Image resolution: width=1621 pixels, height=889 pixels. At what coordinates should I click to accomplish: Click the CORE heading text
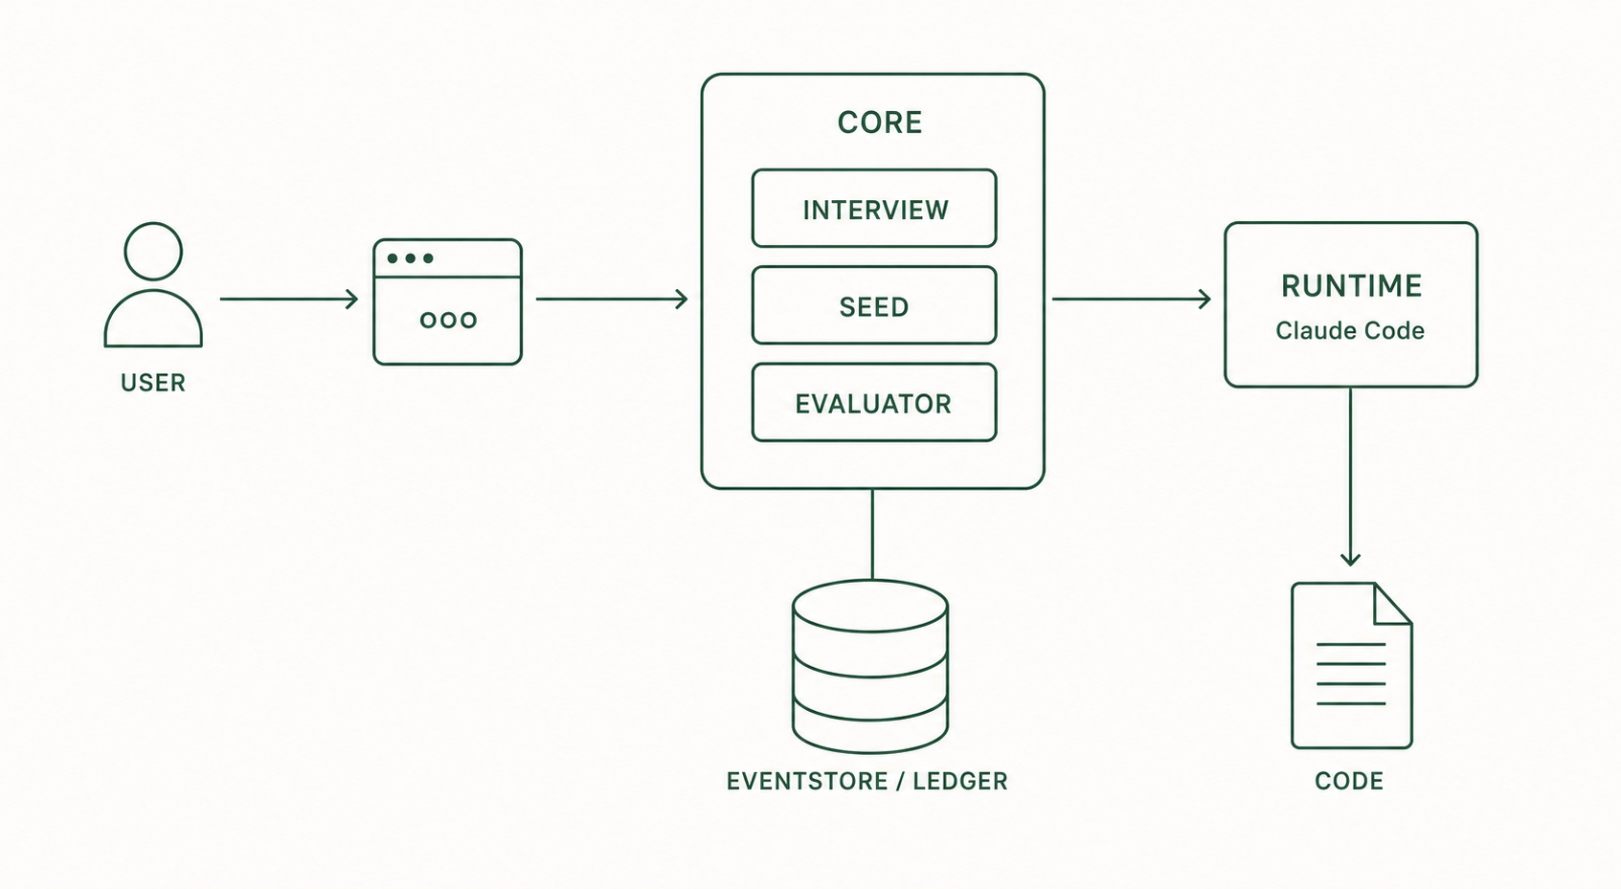pyautogui.click(x=880, y=122)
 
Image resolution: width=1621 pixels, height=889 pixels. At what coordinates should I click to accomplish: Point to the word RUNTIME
pyautogui.click(x=1351, y=286)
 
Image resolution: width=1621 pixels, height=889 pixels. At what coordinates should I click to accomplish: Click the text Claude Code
pyautogui.click(x=1350, y=330)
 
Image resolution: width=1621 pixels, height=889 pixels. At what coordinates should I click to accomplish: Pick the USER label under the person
pyautogui.click(x=152, y=383)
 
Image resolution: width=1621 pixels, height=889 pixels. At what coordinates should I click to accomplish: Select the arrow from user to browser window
pyautogui.click(x=289, y=299)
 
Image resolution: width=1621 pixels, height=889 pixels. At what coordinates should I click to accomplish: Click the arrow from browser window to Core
pyautogui.click(x=612, y=299)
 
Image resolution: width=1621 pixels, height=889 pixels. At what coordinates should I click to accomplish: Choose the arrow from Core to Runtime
pyautogui.click(x=1131, y=299)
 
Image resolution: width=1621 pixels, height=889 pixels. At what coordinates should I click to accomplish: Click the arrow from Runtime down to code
pyautogui.click(x=1350, y=476)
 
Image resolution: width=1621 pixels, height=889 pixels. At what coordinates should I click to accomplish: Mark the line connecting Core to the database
pyautogui.click(x=872, y=535)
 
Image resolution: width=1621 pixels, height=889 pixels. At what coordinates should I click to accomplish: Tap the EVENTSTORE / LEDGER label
pyautogui.click(x=867, y=781)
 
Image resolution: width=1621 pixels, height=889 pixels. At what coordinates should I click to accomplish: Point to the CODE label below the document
pyautogui.click(x=1349, y=781)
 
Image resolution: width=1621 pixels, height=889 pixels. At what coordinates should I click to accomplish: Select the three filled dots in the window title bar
pyautogui.click(x=411, y=258)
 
